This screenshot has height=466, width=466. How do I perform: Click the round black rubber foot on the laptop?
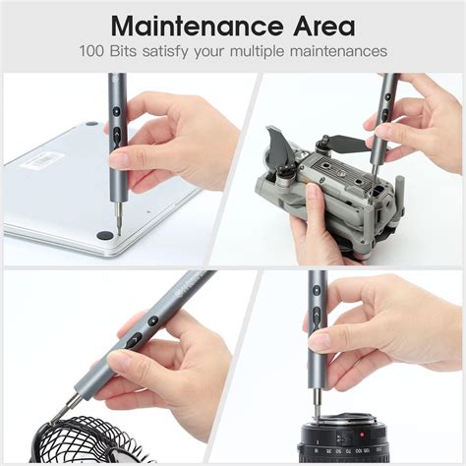coord(104,236)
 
